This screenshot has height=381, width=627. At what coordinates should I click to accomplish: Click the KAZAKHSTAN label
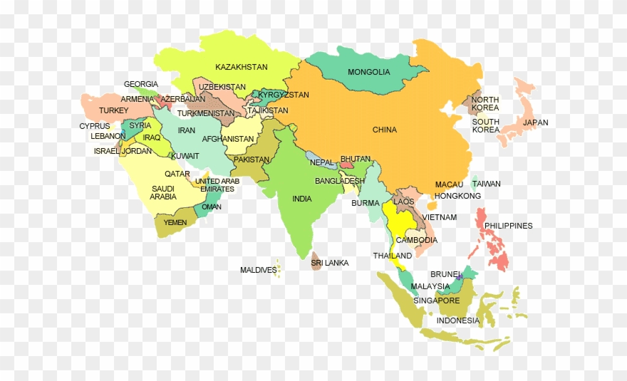click(x=242, y=67)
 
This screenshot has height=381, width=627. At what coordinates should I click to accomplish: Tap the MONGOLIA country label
click(x=368, y=72)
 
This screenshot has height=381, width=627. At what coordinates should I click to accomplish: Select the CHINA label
click(x=385, y=130)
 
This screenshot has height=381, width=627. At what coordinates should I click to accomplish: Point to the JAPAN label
click(x=536, y=122)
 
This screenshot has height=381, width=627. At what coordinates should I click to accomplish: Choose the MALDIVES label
click(x=258, y=270)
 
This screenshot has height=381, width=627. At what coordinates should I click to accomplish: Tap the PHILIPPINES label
click(x=508, y=226)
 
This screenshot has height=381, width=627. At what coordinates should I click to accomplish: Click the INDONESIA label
click(x=458, y=320)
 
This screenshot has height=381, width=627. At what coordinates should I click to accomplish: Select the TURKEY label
click(x=113, y=110)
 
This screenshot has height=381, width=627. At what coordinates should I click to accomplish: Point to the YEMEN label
click(x=175, y=222)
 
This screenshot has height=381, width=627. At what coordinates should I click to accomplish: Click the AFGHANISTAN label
click(x=228, y=139)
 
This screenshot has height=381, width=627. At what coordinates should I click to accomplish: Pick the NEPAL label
click(x=321, y=162)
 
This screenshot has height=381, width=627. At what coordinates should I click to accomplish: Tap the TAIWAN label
click(x=486, y=184)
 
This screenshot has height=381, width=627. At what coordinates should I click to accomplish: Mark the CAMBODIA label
click(x=417, y=240)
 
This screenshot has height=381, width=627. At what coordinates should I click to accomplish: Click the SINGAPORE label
click(x=437, y=301)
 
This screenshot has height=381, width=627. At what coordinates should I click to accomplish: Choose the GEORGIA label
click(x=141, y=84)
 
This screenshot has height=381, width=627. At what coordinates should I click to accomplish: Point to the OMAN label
click(x=212, y=207)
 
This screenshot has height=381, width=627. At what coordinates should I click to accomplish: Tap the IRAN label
click(x=187, y=130)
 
